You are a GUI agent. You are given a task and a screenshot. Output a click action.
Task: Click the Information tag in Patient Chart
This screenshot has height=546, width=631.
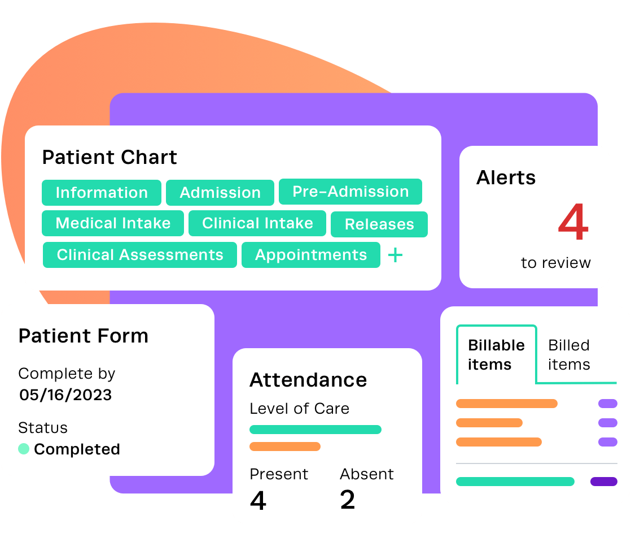click(102, 193)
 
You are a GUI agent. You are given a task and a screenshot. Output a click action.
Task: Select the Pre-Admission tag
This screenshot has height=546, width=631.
click(350, 192)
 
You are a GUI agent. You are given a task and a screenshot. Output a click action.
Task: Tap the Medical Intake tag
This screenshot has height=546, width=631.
click(113, 223)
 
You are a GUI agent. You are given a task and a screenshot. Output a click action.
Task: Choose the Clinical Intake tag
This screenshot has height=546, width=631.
click(257, 223)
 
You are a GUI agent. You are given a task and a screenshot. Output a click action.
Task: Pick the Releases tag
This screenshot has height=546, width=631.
click(379, 224)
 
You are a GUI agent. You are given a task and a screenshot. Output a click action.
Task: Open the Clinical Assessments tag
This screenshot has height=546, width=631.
click(140, 255)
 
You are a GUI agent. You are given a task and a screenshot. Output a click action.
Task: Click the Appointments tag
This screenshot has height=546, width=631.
click(311, 255)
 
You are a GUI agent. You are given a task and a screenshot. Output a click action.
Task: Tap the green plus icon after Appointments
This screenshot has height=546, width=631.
click(396, 255)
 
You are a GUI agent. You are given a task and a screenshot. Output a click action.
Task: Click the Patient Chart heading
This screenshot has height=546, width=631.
click(109, 157)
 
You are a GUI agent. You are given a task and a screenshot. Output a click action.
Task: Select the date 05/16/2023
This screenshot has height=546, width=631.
click(65, 395)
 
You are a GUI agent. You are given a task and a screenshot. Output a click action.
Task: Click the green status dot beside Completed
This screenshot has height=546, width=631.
click(24, 449)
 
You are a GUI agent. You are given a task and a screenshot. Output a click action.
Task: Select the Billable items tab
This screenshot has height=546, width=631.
click(496, 354)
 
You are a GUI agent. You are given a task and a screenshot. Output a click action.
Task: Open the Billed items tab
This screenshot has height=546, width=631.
click(569, 354)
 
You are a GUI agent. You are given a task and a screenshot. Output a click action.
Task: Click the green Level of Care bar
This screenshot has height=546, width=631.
click(315, 430)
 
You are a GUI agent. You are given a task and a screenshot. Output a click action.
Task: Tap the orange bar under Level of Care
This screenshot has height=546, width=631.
click(284, 447)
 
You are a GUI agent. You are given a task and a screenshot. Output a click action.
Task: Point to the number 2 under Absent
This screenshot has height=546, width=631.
click(348, 500)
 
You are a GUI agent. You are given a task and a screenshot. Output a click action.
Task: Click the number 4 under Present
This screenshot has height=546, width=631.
click(258, 500)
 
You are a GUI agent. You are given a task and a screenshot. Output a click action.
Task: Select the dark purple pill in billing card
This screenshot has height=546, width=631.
click(603, 482)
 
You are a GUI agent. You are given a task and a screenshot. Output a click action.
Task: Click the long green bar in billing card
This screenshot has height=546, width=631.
click(515, 482)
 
